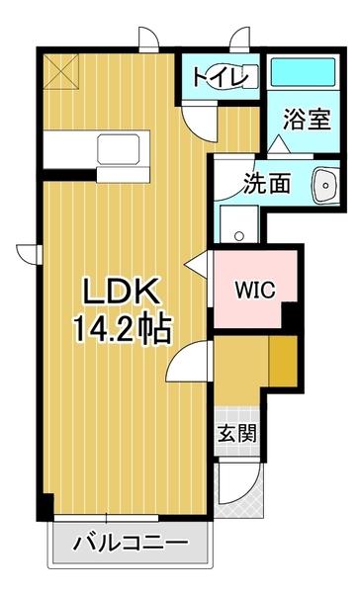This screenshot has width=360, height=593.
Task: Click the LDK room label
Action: [118, 293]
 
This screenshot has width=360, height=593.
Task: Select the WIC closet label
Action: [254, 290]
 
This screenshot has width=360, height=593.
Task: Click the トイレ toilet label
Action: [224, 76]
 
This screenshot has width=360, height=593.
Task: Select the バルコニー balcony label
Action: [131, 543]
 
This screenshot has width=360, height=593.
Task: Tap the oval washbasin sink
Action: [323, 185]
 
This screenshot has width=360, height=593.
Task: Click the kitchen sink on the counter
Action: [121, 148]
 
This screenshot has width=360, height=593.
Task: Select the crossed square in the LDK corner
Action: [60, 72]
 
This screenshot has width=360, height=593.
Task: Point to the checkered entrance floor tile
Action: [237, 410]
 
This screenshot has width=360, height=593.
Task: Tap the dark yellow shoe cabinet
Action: [284, 365]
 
